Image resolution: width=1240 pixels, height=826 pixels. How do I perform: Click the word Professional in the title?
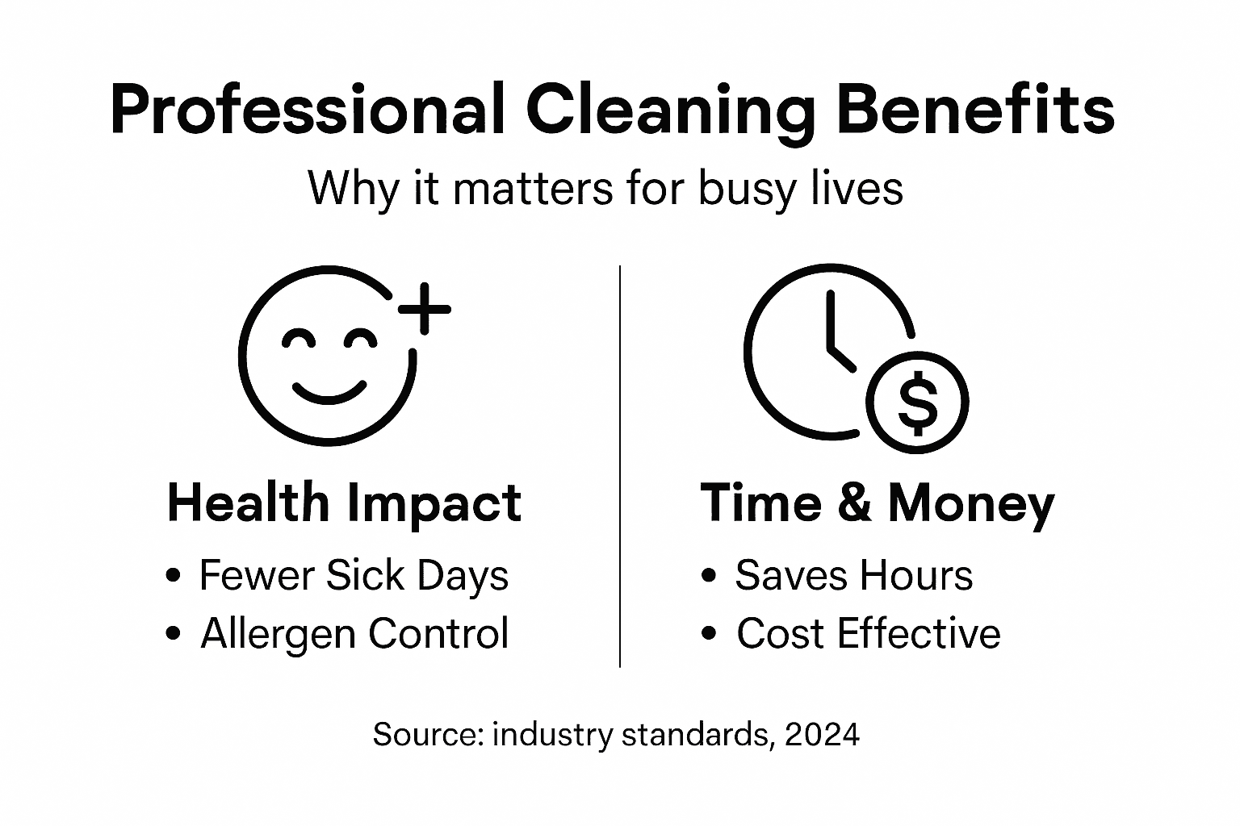pyautogui.click(x=306, y=110)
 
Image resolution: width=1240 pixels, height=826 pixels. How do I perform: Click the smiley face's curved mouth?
pyautogui.click(x=329, y=393)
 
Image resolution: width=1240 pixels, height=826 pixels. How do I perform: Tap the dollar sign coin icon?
pyautogui.click(x=917, y=402)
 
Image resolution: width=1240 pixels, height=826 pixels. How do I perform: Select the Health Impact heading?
pyautogui.click(x=344, y=503)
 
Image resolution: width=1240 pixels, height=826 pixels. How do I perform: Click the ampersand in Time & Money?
pyautogui.click(x=854, y=503)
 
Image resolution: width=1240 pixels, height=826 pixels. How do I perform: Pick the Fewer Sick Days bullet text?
pyautogui.click(x=354, y=576)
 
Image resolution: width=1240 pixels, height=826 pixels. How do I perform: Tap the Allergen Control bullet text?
pyautogui.click(x=354, y=633)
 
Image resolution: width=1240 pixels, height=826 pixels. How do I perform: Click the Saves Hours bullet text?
pyautogui.click(x=853, y=576)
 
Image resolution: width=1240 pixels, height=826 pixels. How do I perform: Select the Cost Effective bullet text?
pyautogui.click(x=868, y=633)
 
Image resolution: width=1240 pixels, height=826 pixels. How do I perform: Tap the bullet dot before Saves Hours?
pyautogui.click(x=710, y=576)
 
